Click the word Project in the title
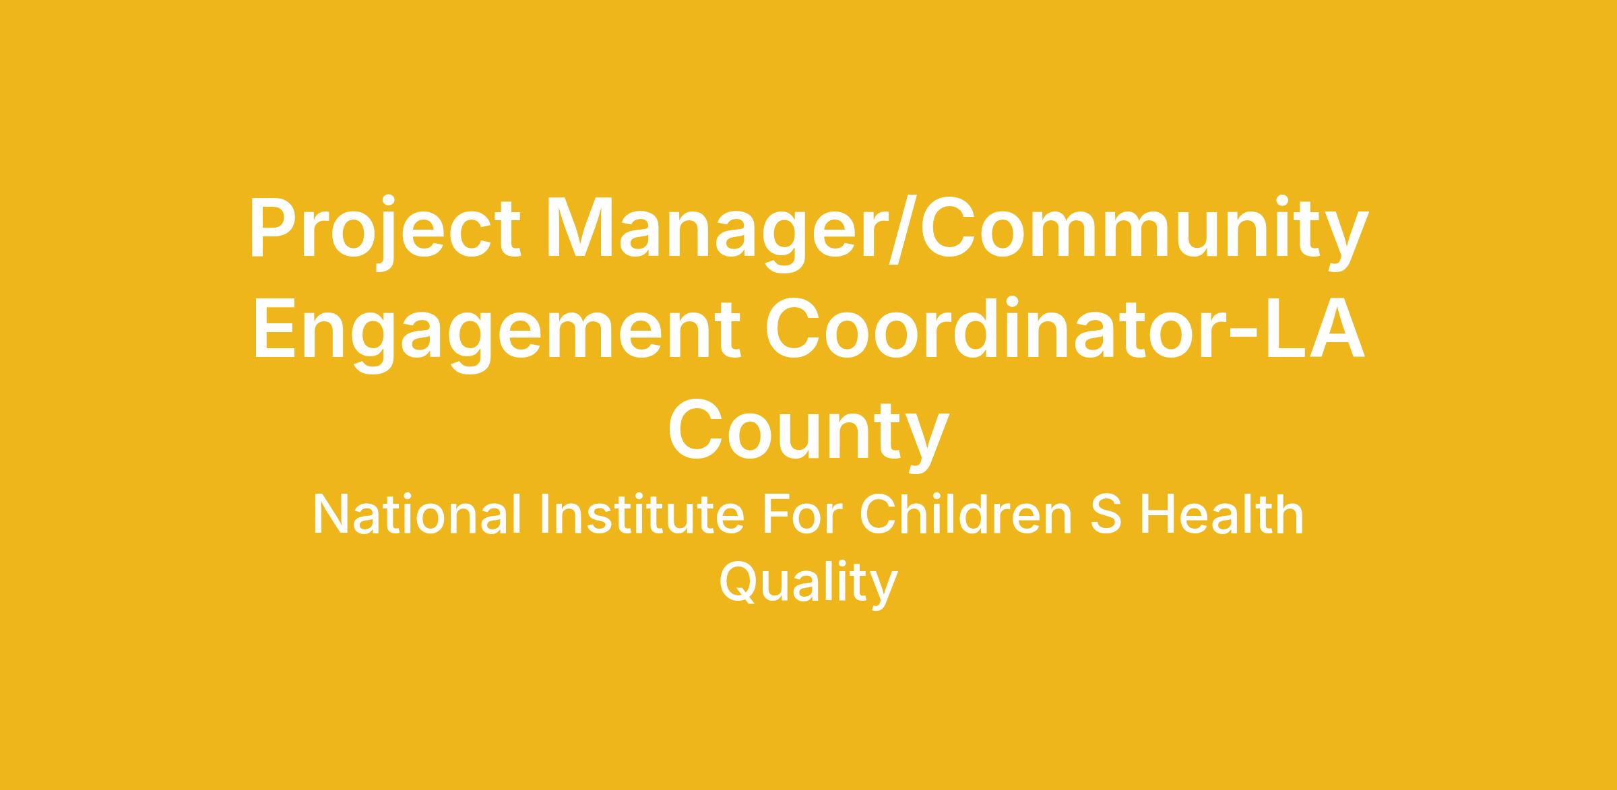click(x=385, y=233)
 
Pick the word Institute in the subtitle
click(x=643, y=515)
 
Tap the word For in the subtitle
click(x=803, y=516)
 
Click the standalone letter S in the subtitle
click(x=1106, y=516)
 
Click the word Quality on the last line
click(x=808, y=584)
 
